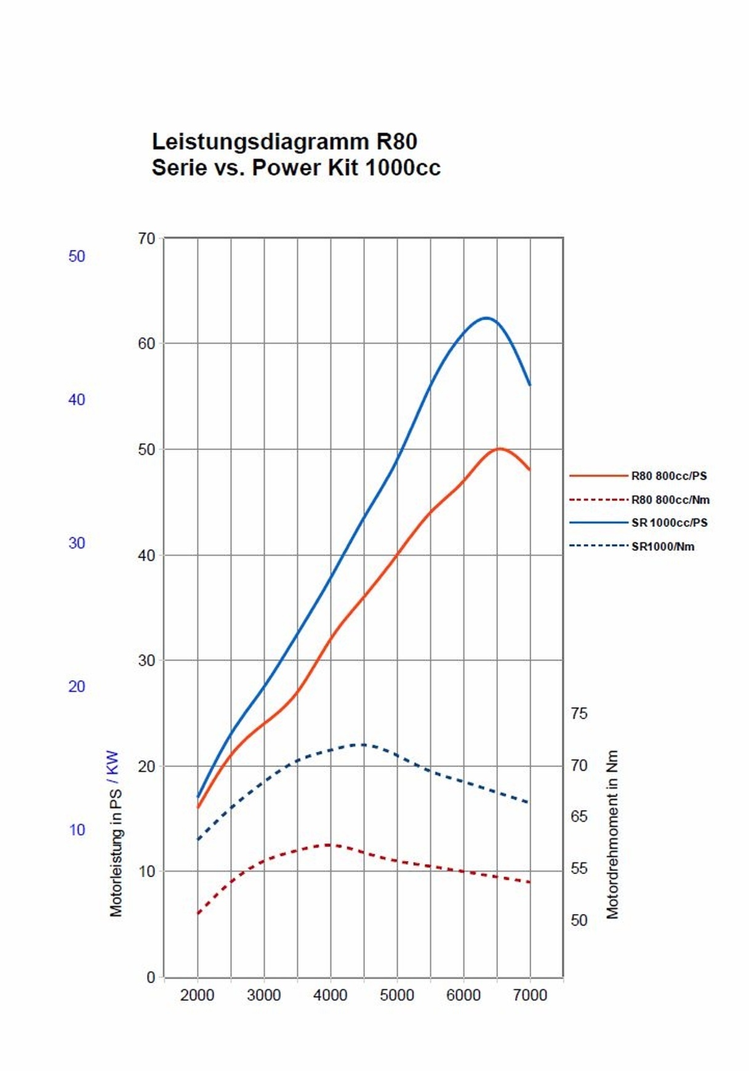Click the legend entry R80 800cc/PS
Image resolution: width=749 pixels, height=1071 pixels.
[668, 476]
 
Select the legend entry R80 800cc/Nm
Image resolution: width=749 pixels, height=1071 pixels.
[670, 500]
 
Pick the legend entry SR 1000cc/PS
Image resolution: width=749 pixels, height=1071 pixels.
[669, 523]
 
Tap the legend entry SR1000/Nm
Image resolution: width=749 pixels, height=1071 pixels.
[662, 547]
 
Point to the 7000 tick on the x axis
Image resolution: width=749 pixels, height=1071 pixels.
[530, 995]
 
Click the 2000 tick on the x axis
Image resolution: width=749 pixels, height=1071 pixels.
[197, 995]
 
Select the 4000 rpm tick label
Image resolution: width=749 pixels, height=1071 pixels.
[330, 995]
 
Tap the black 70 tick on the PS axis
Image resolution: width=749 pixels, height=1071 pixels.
[146, 239]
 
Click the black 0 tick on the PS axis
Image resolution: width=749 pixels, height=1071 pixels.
[151, 977]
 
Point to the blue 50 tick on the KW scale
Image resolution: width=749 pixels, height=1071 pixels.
[77, 257]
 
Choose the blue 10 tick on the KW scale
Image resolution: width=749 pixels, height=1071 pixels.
[77, 830]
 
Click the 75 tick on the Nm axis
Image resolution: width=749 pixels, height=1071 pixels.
[579, 714]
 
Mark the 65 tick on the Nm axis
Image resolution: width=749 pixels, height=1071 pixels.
[579, 817]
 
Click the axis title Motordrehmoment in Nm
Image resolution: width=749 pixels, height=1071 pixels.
[612, 835]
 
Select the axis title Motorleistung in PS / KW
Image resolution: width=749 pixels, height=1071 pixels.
[115, 834]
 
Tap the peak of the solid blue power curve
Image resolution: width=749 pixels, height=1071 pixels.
[487, 318]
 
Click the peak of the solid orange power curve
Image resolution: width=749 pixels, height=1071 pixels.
[499, 449]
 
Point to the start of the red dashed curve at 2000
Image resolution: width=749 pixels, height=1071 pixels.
[198, 913]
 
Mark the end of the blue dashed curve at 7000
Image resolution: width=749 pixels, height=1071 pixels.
[529, 803]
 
